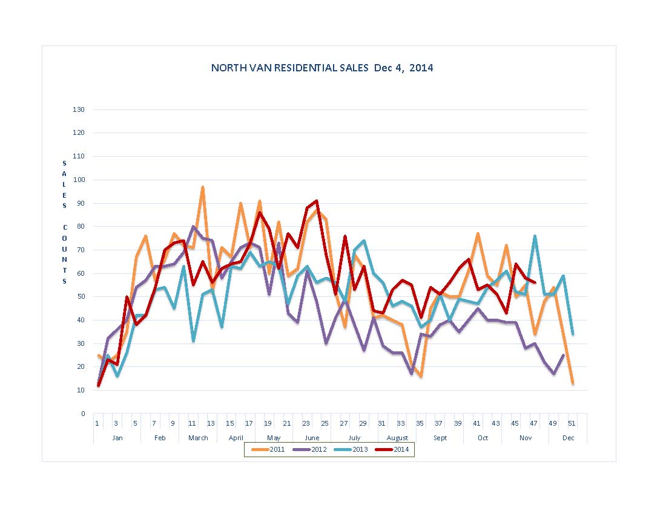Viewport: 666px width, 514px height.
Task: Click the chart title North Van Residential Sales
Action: pyautogui.click(x=321, y=68)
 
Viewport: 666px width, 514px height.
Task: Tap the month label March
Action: pyautogui.click(x=198, y=438)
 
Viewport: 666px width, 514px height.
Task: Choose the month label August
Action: pyautogui.click(x=397, y=438)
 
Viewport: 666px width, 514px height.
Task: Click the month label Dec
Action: pyautogui.click(x=568, y=438)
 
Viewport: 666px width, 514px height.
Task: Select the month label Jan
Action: pyautogui.click(x=117, y=438)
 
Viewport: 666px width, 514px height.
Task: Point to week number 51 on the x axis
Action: pyautogui.click(x=572, y=423)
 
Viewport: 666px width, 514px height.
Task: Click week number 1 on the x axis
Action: pyautogui.click(x=97, y=423)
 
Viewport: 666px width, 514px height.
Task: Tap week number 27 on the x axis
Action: pyautogui.click(x=344, y=423)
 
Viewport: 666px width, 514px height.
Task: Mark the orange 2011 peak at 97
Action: pyautogui.click(x=202, y=187)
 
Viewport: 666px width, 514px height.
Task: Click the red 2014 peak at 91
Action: pyautogui.click(x=316, y=201)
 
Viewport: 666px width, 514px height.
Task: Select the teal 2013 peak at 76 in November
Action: pyautogui.click(x=535, y=236)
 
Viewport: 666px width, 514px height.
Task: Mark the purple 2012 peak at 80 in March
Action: pyautogui.click(x=193, y=227)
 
